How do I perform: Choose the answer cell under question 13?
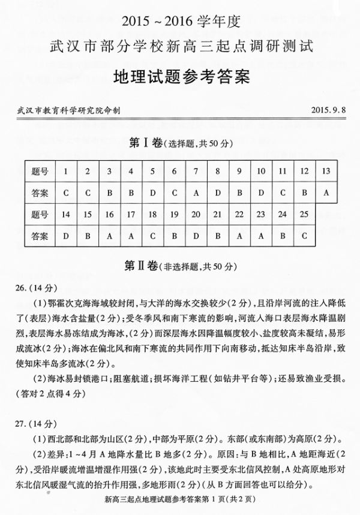click(x=326, y=193)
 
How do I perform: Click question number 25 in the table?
click(x=304, y=214)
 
